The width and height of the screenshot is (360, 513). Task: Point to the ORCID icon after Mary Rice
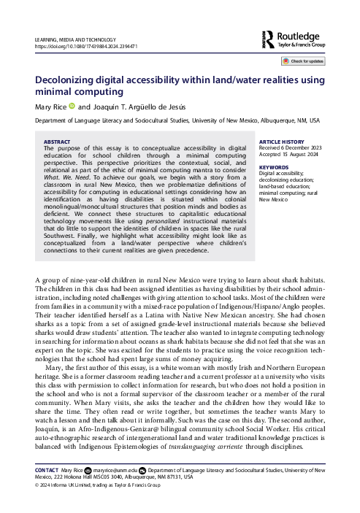click(72, 105)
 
